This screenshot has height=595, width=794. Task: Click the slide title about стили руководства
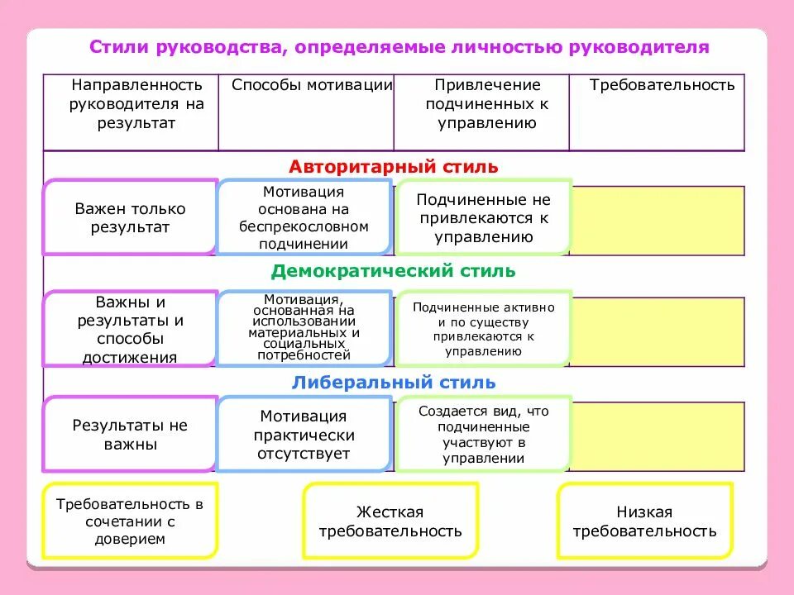point(399,47)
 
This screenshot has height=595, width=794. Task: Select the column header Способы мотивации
point(311,85)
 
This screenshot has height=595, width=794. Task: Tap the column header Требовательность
point(662,85)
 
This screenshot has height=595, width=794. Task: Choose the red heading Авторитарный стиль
point(394,167)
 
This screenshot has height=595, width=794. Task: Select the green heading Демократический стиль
point(393,271)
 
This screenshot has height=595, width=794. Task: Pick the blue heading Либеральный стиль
point(394,383)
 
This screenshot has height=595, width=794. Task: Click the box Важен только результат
point(130,218)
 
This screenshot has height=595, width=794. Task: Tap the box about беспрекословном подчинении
point(304,217)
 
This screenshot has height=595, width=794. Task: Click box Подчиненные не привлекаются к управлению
point(484,218)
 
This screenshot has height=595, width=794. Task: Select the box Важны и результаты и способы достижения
point(130,330)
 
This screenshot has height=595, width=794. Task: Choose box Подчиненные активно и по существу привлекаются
point(484,328)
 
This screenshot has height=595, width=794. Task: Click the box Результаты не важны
point(130,435)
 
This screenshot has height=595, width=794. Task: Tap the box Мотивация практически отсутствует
point(304,435)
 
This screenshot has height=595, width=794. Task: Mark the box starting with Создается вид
point(484,435)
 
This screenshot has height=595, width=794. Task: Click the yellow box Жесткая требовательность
point(390,521)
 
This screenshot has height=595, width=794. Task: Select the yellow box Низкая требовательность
point(644,521)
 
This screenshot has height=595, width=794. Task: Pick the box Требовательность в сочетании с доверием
point(130,521)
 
